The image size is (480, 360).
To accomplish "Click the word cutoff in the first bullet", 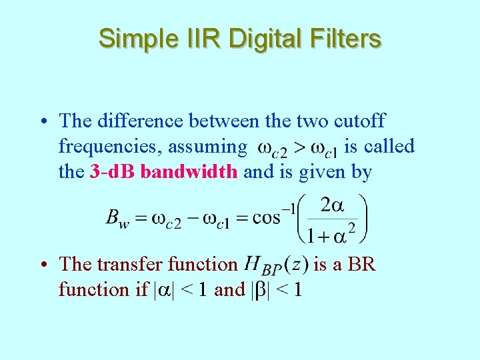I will [359, 121].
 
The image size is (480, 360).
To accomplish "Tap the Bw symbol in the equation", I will [117, 219].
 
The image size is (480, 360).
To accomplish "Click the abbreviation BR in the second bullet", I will [362, 264].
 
